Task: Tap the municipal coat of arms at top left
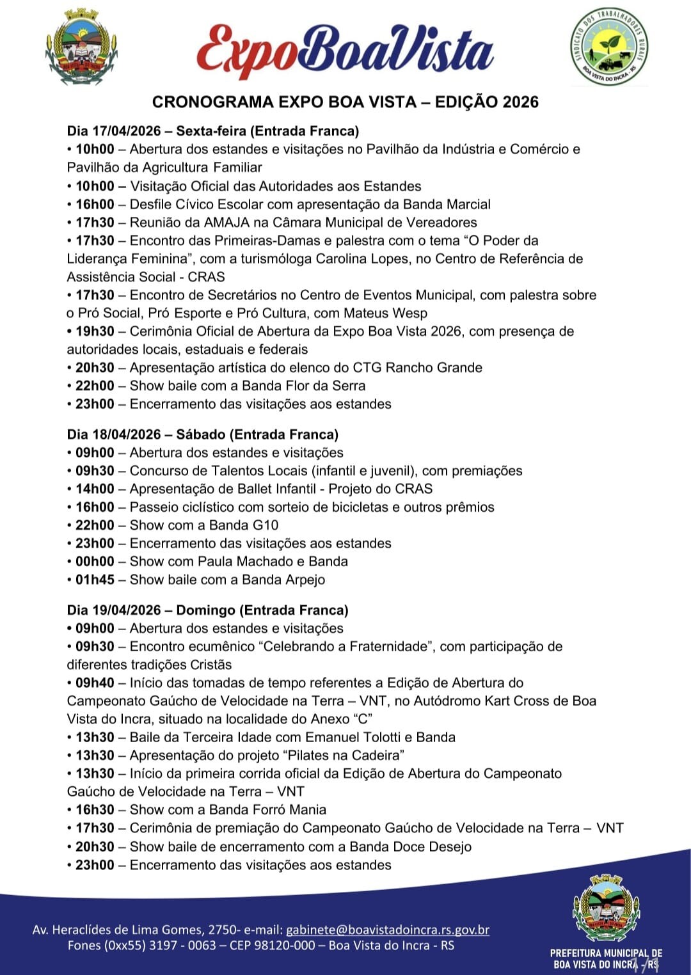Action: tap(81, 48)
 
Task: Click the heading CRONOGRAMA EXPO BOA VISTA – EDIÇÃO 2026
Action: tap(345, 102)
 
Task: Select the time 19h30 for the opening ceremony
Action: tap(95, 331)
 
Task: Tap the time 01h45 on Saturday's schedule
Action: tap(95, 580)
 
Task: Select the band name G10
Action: tap(266, 525)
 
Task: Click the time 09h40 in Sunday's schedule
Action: tap(95, 683)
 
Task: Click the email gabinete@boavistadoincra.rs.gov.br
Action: tap(388, 930)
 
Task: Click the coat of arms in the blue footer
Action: tap(606, 908)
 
